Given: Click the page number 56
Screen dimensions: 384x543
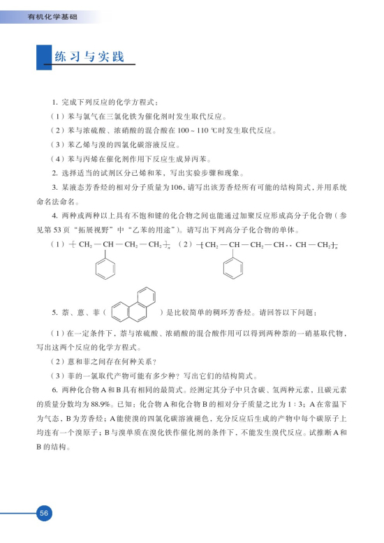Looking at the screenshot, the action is pyautogui.click(x=43, y=513).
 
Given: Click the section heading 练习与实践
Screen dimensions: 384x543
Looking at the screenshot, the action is pyautogui.click(x=89, y=57).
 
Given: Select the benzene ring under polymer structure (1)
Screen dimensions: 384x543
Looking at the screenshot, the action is pyautogui.click(x=105, y=267).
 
